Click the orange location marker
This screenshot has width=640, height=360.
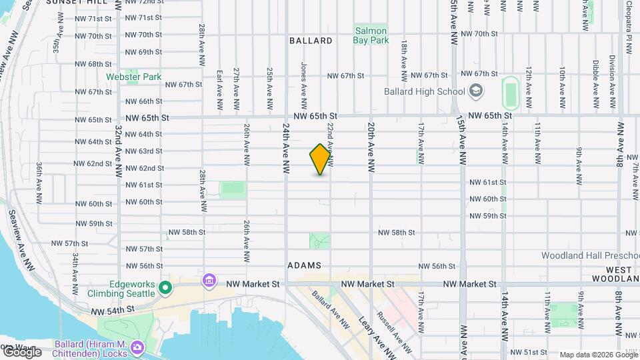(x=321, y=159)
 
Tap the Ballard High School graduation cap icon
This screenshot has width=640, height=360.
(x=476, y=91)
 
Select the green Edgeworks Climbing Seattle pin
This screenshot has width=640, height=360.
(x=165, y=289)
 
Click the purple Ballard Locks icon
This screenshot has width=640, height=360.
(x=137, y=347)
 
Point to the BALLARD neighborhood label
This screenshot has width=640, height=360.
(x=311, y=41)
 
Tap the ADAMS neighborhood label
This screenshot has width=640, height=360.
(x=305, y=265)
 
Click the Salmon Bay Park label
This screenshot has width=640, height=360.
(x=371, y=35)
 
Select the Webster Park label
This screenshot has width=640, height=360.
(x=133, y=77)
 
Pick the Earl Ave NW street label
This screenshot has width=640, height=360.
(x=219, y=89)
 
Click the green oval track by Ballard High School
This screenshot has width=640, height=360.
(x=511, y=93)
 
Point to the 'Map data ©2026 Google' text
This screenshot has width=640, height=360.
(x=598, y=355)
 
